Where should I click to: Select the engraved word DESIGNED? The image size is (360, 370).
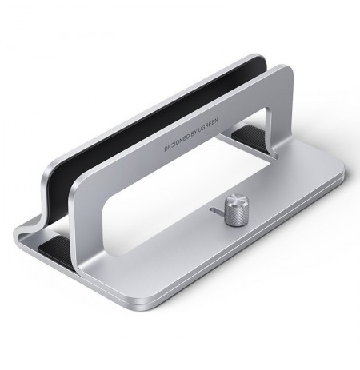[181, 141]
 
